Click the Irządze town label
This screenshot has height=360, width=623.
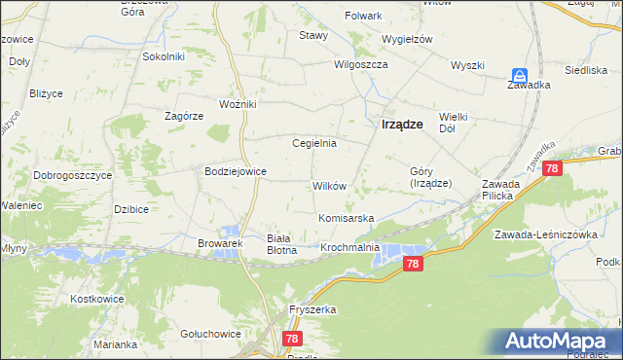400,124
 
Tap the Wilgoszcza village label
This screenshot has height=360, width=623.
361,64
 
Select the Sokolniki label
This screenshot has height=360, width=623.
164,56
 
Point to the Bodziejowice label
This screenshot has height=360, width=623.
235,171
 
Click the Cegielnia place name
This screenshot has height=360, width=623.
314,143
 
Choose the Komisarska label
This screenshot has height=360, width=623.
346,218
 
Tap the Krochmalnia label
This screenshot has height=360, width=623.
349,248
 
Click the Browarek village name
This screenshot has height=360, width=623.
219,242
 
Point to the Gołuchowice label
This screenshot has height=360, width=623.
210,333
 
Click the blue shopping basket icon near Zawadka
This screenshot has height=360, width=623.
521,75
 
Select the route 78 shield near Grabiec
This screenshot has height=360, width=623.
553,168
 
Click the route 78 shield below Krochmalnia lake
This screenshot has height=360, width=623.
414,264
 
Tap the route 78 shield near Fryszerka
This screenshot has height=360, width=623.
292,339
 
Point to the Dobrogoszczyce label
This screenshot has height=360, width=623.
72,175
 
